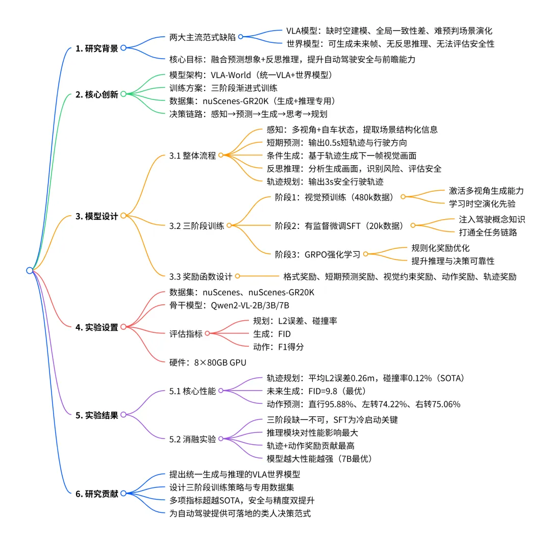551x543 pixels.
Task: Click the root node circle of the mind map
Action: [30, 270]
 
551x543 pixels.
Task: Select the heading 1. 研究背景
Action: [96, 48]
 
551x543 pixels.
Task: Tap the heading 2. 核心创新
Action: [96, 94]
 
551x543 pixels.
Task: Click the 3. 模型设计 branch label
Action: [96, 216]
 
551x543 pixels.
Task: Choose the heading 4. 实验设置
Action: [96, 327]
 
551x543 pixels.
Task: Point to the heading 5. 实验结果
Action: [96, 415]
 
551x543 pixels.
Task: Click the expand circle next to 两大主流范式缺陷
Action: [240, 37]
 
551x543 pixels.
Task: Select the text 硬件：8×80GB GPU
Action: [208, 363]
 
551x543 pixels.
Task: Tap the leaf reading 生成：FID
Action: [272, 334]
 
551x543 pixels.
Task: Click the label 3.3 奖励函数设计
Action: [201, 277]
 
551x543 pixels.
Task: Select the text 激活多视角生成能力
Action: [486, 191]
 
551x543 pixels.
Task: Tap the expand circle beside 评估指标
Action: [207, 334]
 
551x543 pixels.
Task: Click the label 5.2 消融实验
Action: [192, 438]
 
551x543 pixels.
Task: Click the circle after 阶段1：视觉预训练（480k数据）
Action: [403, 197]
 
